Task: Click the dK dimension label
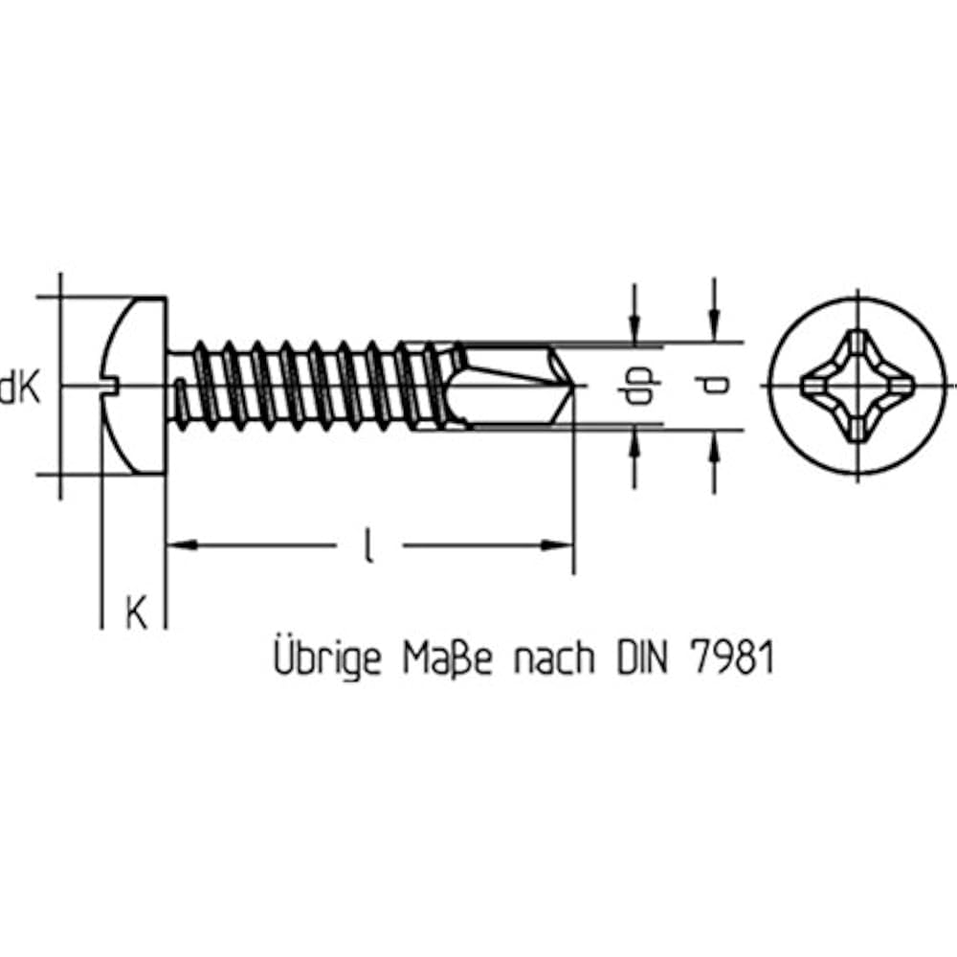(x=20, y=389)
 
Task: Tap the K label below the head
(x=136, y=612)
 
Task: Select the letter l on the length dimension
(x=368, y=545)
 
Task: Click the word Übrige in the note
(x=327, y=657)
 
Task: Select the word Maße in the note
(x=447, y=658)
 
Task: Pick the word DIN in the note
(x=642, y=658)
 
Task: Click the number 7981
(x=731, y=658)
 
